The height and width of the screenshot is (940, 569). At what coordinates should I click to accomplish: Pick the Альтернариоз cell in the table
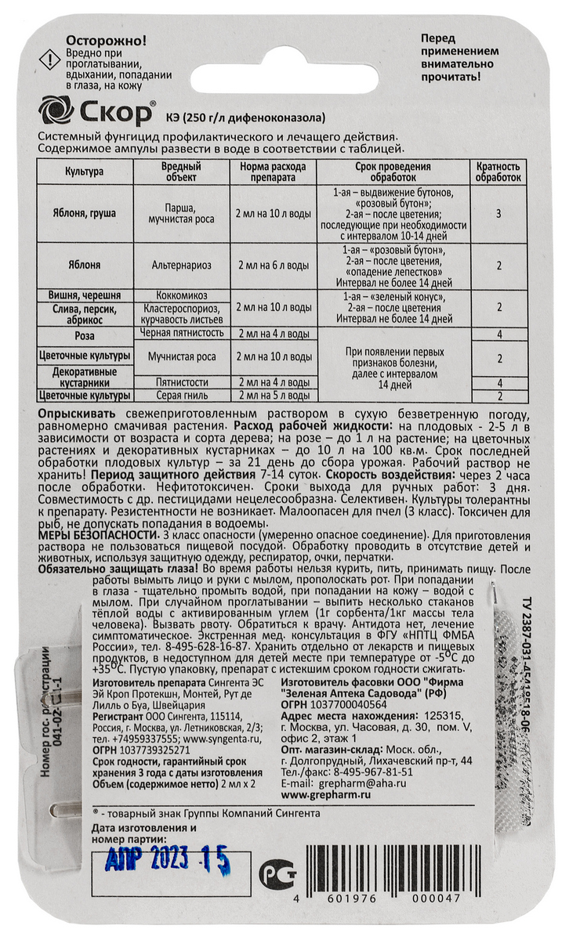click(182, 266)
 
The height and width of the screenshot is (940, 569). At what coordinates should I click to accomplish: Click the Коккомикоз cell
click(182, 298)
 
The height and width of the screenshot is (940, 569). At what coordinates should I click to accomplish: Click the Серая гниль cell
click(182, 395)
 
